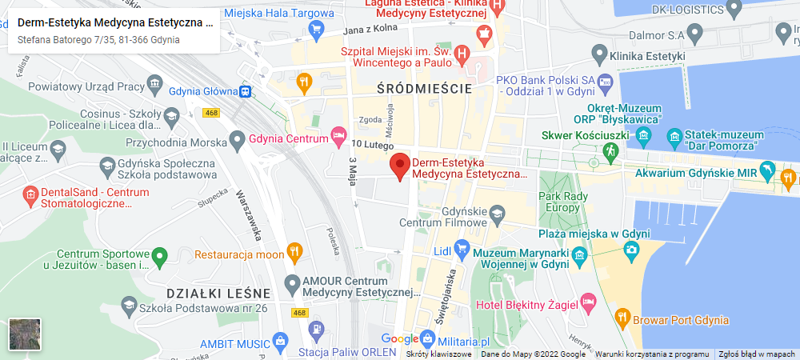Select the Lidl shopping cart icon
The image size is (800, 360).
(x=461, y=249)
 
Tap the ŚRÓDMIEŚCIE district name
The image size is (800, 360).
(x=424, y=89)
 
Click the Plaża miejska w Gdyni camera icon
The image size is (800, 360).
(x=630, y=250)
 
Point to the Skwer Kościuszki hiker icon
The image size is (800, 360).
(x=611, y=150)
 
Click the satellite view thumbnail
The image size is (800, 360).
(x=24, y=334)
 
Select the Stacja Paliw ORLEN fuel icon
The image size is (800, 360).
(x=317, y=328)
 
